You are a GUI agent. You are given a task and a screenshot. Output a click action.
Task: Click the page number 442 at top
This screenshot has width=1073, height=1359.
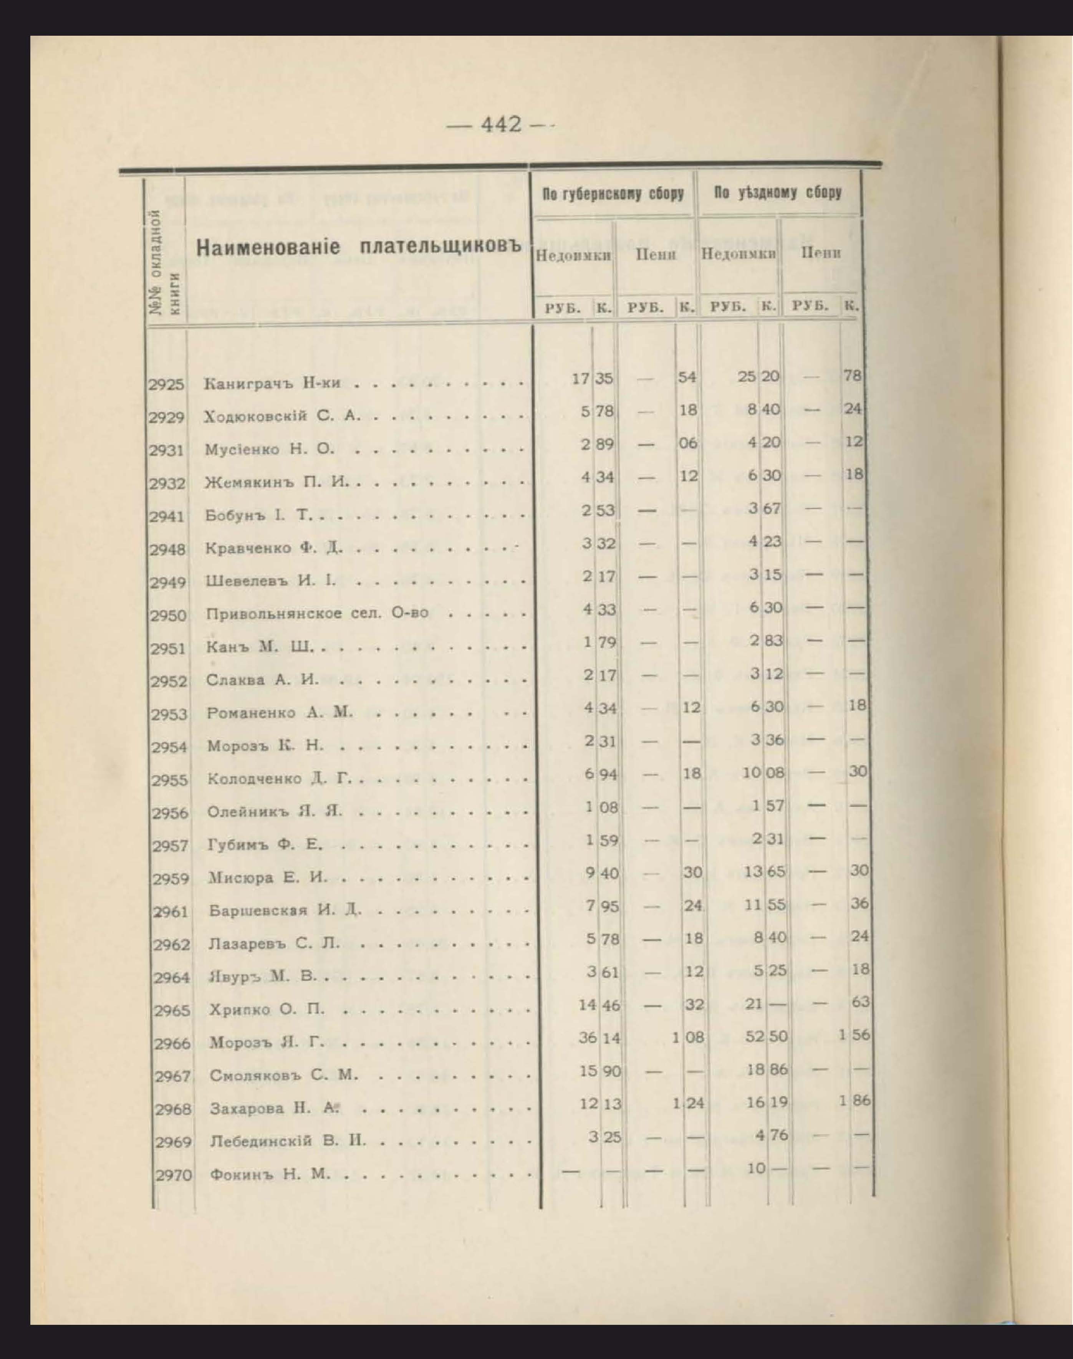click(501, 124)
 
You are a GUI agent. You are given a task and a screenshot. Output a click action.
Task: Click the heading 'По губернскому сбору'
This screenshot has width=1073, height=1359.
click(613, 194)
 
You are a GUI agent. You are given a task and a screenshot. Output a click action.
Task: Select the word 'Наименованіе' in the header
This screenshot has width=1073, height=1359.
click(268, 247)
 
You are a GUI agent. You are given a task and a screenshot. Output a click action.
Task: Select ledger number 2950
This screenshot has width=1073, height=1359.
click(168, 616)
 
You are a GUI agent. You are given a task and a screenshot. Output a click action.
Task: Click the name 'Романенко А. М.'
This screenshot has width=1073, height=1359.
click(280, 712)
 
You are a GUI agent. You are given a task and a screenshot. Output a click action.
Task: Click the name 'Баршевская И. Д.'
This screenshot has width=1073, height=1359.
click(286, 910)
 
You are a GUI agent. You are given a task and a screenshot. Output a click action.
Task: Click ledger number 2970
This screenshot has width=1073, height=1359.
click(173, 1175)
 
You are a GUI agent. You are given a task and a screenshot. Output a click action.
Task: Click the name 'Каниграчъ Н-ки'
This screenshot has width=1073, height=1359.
click(272, 384)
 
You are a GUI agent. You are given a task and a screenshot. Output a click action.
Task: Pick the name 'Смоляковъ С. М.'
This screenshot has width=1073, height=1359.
click(284, 1075)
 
